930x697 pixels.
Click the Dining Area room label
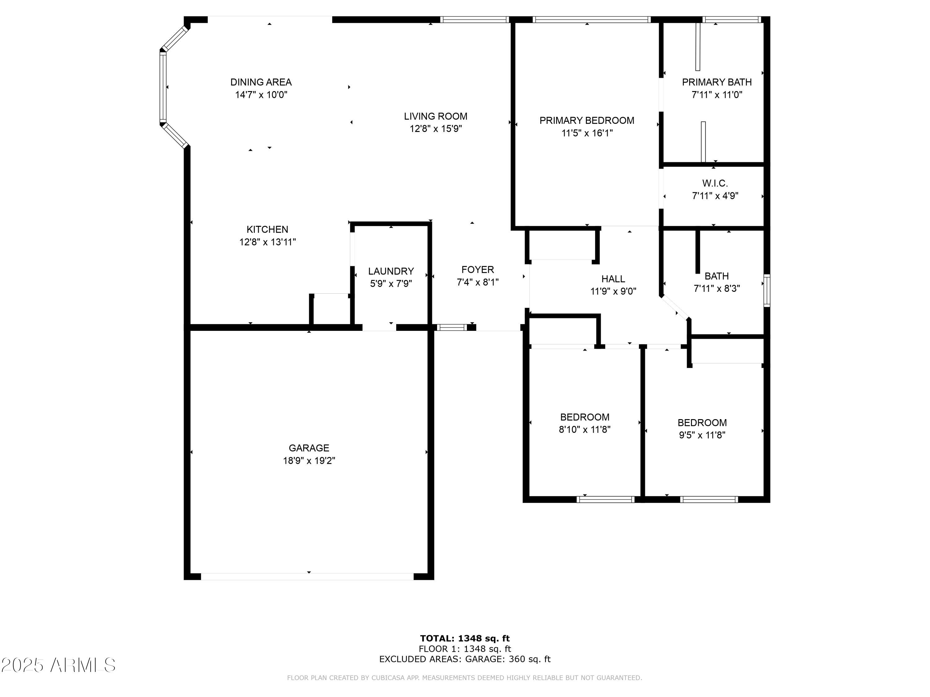[x=261, y=82]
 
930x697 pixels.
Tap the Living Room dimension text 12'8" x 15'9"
[x=436, y=129]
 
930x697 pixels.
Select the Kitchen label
[x=268, y=230]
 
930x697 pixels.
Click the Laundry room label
[x=391, y=271]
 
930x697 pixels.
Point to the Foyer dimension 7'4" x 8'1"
[x=478, y=282]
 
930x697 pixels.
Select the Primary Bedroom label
[x=587, y=121]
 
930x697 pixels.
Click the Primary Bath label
[x=716, y=82]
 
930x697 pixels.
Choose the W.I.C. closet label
[x=715, y=183]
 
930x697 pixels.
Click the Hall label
[x=613, y=278]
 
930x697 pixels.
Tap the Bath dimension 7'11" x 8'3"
[x=716, y=289]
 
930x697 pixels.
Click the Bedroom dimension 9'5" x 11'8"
[x=702, y=435]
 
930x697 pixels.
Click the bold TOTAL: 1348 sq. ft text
[x=465, y=638]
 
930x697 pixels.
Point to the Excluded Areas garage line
[x=465, y=659]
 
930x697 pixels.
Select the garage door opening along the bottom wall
[x=307, y=576]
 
